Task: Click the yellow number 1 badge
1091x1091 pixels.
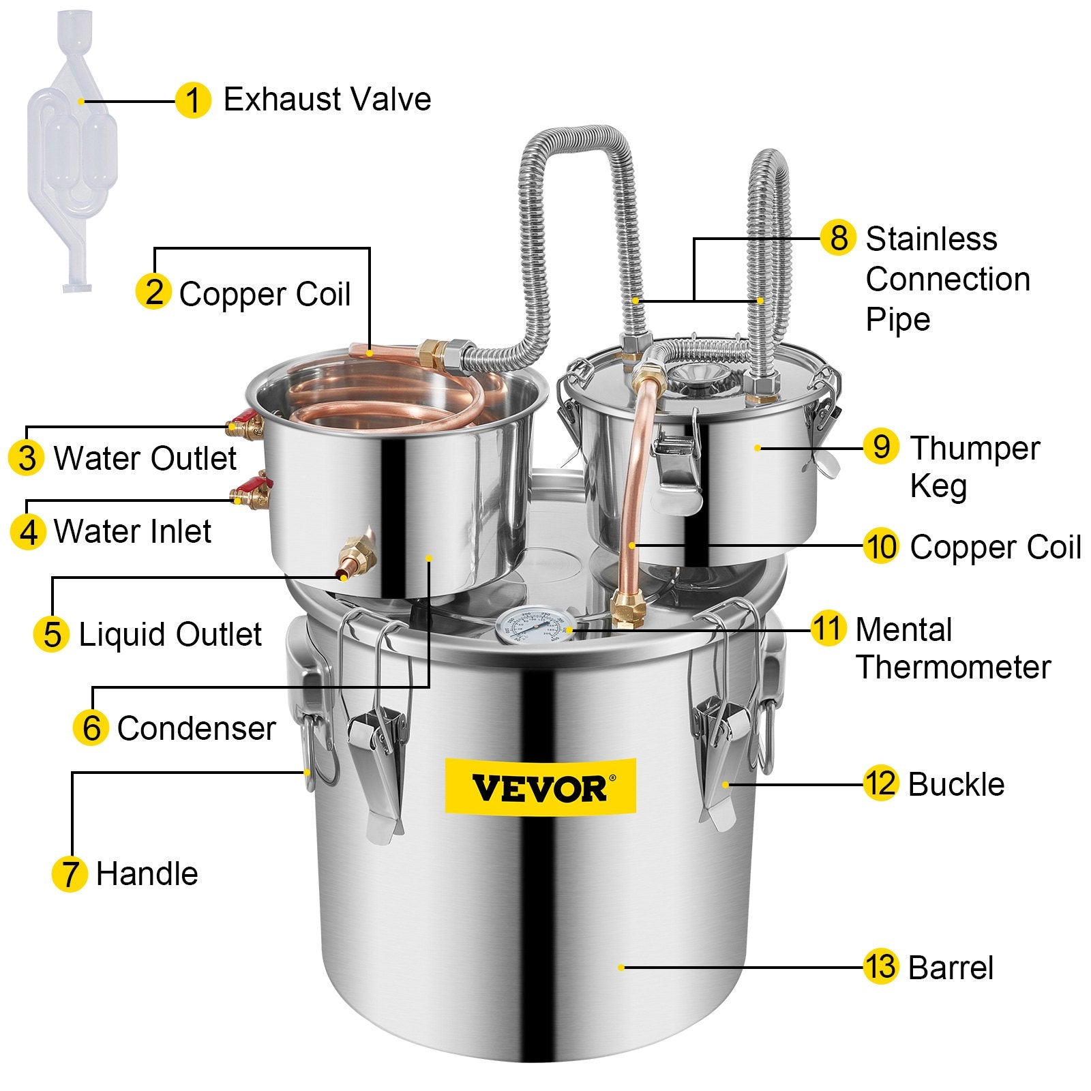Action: click(x=192, y=101)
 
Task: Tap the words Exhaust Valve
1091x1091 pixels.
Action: click(x=327, y=100)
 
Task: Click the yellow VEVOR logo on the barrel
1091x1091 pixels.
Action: click(x=539, y=786)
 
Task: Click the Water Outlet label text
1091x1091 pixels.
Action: click(x=145, y=458)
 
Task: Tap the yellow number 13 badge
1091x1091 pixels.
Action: click(x=880, y=967)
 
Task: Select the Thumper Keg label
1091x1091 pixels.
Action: click(x=974, y=467)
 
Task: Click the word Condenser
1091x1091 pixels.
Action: click(x=196, y=728)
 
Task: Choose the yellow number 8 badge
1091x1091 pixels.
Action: click(x=838, y=238)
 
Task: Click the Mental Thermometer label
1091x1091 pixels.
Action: click(x=953, y=648)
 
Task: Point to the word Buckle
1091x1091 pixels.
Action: click(x=956, y=785)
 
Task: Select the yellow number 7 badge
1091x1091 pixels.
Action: click(x=70, y=874)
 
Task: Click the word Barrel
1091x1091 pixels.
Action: click(x=951, y=968)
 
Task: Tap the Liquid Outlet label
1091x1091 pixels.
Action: click(x=170, y=635)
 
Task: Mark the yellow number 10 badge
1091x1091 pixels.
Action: click(x=880, y=547)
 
